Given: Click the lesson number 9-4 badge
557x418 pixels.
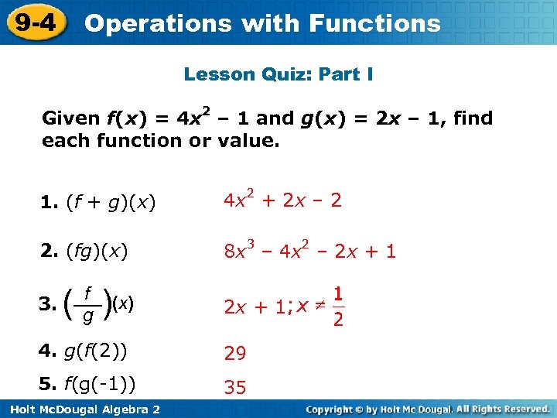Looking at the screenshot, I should point(34,22).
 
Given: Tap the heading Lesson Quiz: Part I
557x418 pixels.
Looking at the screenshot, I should point(278,74).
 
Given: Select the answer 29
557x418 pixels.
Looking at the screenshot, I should point(234,354).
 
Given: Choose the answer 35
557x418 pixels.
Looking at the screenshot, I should point(234,388).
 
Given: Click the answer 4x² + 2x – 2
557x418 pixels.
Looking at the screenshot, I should point(282,201).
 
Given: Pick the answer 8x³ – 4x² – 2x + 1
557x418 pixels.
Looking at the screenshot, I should point(309,251).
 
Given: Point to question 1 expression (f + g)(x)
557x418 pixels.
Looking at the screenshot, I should point(111,204).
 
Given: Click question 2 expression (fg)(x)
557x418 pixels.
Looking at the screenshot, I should point(97,251).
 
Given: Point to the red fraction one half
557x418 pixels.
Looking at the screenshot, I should point(338,307).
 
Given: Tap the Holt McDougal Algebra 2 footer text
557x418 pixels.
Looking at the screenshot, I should point(81,409).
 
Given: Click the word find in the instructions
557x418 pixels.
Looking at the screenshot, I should point(473,118).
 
